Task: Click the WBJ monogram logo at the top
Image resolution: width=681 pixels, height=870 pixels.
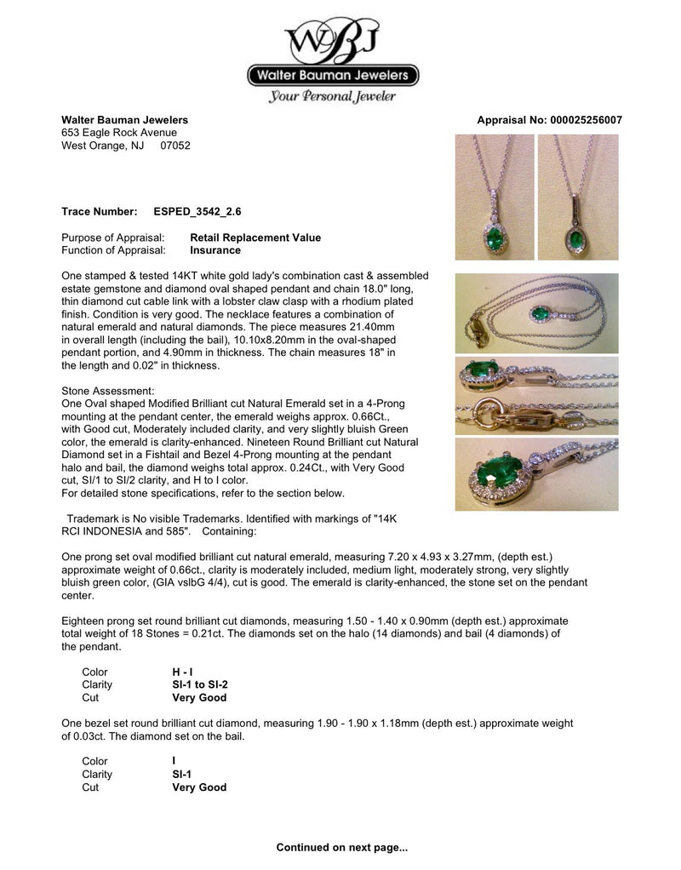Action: point(333,39)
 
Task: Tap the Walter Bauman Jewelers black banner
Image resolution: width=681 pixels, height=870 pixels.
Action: point(333,77)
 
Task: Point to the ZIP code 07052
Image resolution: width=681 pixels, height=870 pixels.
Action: point(175,145)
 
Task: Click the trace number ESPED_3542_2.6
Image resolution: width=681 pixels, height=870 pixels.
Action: point(203,210)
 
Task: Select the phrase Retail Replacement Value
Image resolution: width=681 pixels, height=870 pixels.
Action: point(255,238)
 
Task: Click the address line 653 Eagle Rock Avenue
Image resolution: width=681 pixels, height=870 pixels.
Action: point(119,133)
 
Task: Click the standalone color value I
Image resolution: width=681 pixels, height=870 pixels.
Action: point(174,761)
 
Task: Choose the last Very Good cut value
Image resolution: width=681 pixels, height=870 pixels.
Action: point(199,787)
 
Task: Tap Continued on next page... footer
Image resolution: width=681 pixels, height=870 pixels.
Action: point(342,848)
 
